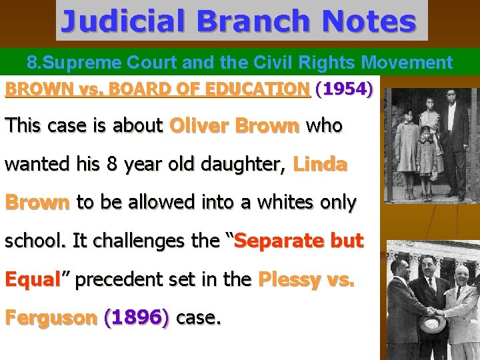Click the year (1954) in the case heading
[344, 89]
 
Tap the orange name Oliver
[197, 125]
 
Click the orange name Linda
[319, 164]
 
